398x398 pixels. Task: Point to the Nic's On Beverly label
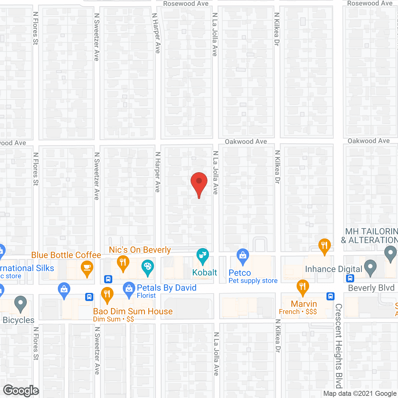point(140,250)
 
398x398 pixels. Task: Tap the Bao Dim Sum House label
point(133,311)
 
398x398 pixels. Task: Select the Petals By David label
point(167,288)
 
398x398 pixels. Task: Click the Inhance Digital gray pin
point(370,267)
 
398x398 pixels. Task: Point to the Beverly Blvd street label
point(371,288)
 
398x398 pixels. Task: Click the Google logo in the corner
point(21,391)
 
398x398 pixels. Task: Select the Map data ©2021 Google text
point(360,394)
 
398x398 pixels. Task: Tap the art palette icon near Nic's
point(148,267)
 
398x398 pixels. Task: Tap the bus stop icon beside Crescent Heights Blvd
point(331,296)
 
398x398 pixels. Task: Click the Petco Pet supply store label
point(253,276)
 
